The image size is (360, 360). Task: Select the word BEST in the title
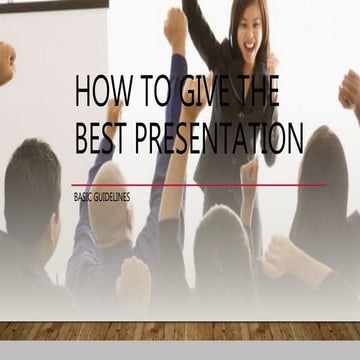[102, 139]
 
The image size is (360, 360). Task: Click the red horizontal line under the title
[200, 185]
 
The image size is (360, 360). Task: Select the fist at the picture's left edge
[6, 62]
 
